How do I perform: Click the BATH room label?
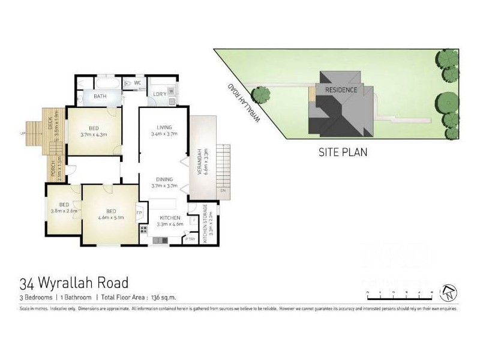point(100,95)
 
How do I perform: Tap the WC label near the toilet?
point(137,83)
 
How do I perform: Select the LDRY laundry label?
point(159,94)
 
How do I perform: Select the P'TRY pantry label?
point(190,239)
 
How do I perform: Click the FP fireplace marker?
point(139,213)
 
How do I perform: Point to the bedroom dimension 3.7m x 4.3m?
point(94,135)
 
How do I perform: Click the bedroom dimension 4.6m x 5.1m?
point(110,218)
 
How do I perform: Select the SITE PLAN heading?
point(342,152)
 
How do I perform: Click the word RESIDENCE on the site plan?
point(341,90)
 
